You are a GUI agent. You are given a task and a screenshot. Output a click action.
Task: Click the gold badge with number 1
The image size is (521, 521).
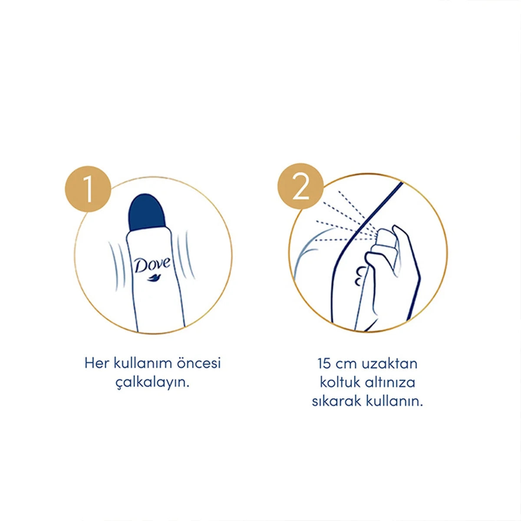click(88, 189)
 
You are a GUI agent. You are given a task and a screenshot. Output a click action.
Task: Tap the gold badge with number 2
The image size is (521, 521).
click(300, 186)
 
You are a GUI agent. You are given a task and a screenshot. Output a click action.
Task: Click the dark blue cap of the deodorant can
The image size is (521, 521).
click(147, 212)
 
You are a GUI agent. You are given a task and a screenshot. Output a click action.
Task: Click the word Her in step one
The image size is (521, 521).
click(96, 363)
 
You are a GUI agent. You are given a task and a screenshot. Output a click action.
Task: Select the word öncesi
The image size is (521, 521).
click(199, 363)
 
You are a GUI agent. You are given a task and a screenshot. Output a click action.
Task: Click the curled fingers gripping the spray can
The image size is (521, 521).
click(360, 276)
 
